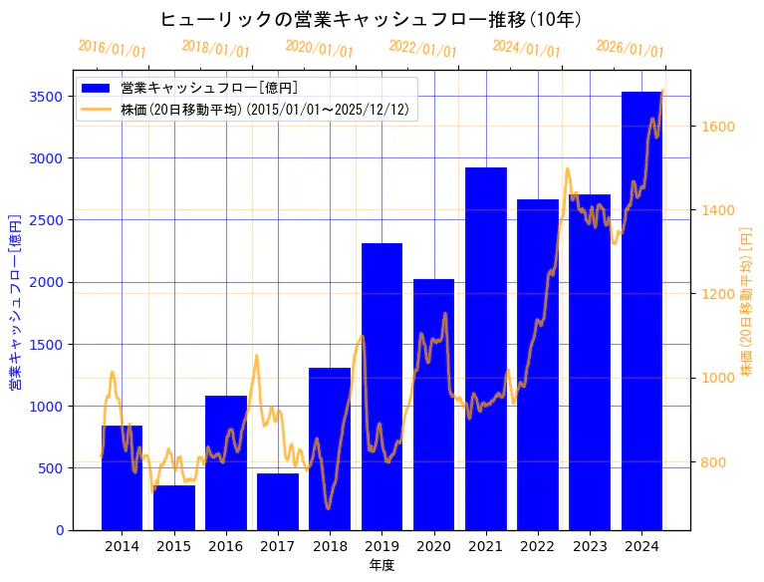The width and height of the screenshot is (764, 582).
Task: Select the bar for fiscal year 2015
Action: pyautogui.click(x=174, y=507)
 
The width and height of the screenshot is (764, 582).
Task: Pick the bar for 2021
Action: pyautogui.click(x=486, y=349)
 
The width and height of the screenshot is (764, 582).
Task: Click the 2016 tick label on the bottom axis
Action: pyautogui.click(x=226, y=545)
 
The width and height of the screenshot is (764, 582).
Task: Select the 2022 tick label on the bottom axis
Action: pyautogui.click(x=538, y=545)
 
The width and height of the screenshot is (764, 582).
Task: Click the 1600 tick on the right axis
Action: pyautogui.click(x=718, y=127)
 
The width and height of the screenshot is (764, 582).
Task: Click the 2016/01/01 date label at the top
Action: pyautogui.click(x=112, y=49)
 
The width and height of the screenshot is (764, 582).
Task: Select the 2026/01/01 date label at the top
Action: pyautogui.click(x=630, y=49)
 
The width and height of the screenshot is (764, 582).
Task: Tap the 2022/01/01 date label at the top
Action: pyautogui.click(x=422, y=49)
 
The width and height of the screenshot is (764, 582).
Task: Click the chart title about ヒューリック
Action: pyautogui.click(x=371, y=20)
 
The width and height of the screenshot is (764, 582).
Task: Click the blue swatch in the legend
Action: pyautogui.click(x=97, y=89)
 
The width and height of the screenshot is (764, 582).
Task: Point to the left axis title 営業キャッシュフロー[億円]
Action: pyautogui.click(x=15, y=300)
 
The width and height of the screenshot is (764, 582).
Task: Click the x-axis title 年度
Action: pyautogui.click(x=382, y=565)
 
